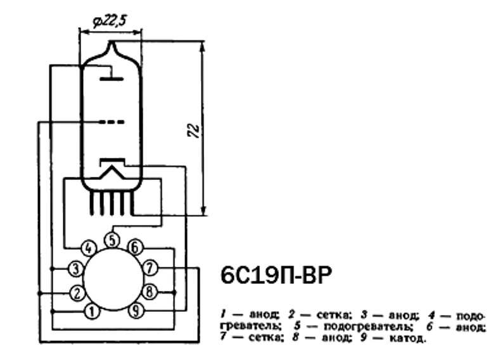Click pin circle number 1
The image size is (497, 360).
click(92, 312)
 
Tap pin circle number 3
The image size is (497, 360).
click(76, 269)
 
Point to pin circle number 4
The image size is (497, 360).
click(89, 247)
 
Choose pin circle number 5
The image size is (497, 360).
click(112, 240)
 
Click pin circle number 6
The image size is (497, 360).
click(135, 247)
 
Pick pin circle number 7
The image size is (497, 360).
click(150, 268)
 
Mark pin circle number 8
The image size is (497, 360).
click(150, 292)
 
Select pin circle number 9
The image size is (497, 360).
click(136, 312)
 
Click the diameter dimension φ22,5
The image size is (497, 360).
click(110, 22)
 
